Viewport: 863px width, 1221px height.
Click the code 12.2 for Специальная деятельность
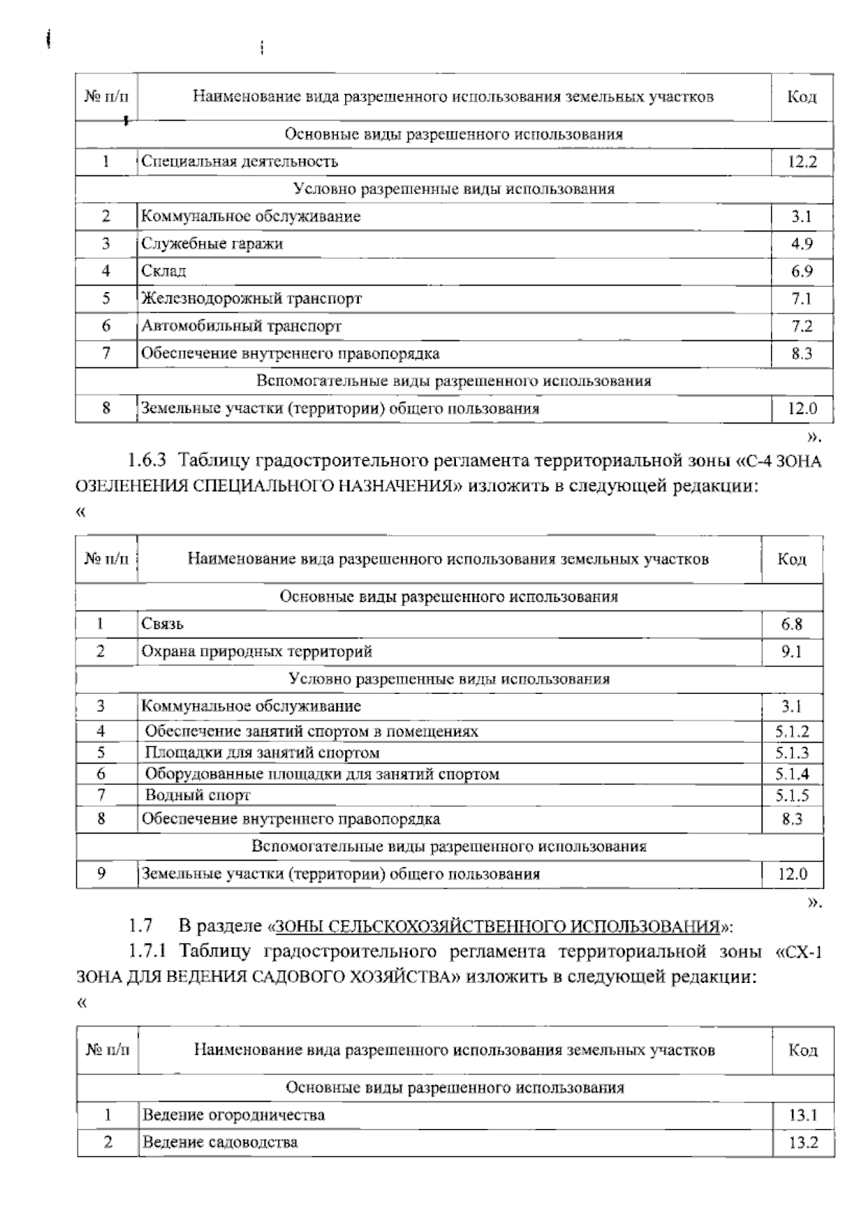(802, 162)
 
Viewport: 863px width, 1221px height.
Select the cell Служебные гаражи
(212, 244)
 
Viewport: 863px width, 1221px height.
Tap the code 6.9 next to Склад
(802, 272)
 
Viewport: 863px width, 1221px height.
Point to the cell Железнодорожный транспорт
(252, 298)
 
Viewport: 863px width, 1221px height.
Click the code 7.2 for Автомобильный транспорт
(802, 326)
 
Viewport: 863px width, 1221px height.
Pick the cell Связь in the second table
(163, 624)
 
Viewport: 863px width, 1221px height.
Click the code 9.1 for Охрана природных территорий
(792, 652)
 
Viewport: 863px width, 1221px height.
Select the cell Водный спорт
(198, 795)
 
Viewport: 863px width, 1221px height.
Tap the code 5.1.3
(792, 753)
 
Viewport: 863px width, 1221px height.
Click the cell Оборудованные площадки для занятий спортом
(321, 774)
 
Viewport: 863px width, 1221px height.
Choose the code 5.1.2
(792, 732)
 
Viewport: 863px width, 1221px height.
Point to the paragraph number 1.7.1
(148, 952)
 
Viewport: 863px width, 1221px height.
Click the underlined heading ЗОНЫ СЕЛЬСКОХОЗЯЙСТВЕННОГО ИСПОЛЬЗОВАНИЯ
(498, 925)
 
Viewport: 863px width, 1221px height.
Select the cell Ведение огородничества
(233, 1115)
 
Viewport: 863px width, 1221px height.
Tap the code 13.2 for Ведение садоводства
(803, 1143)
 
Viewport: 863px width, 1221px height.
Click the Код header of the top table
(802, 97)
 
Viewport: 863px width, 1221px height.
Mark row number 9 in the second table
(101, 874)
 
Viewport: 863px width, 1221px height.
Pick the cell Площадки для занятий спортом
(262, 753)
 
